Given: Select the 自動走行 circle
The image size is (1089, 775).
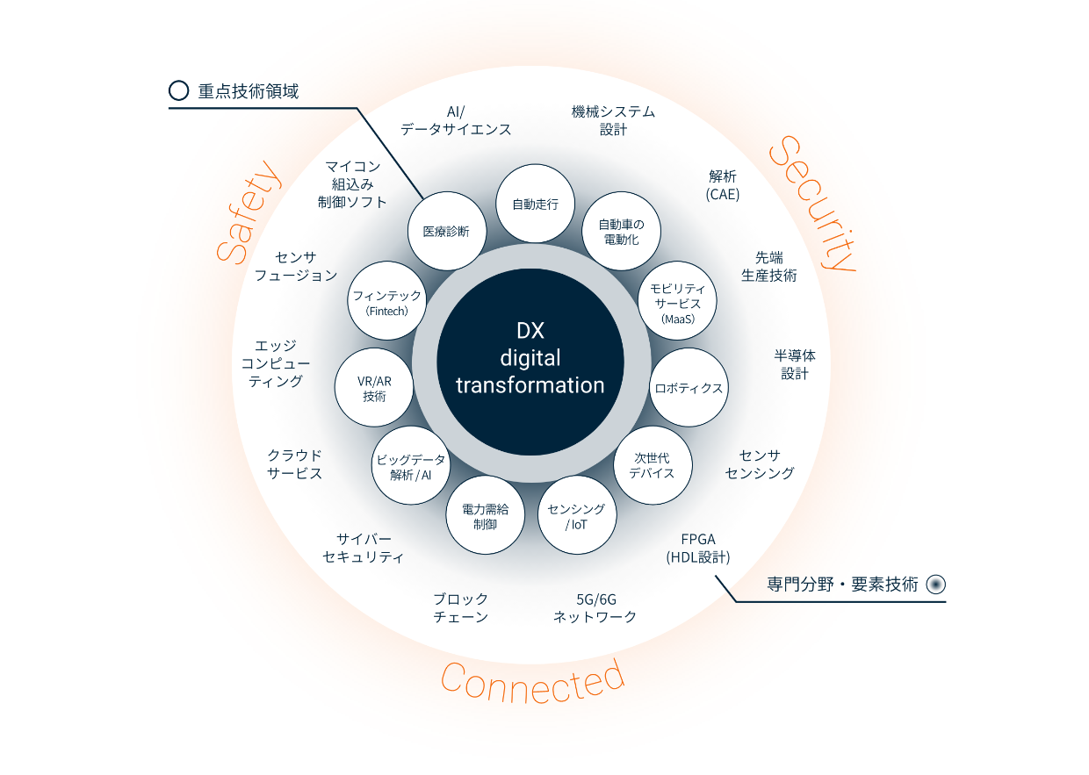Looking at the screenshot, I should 535,205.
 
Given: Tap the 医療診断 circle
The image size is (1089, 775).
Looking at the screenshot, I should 446,232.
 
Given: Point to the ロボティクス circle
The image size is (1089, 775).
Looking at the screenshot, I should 689,388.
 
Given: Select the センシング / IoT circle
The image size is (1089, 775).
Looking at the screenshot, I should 576,516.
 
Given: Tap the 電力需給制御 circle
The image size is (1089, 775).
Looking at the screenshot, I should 485,516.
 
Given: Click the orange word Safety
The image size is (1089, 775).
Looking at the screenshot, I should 248,212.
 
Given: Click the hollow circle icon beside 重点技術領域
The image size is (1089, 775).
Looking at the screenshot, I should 178,90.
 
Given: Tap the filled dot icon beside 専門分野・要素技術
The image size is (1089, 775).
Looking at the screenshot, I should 935,584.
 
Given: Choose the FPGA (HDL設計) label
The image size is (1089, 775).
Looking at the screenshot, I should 698,548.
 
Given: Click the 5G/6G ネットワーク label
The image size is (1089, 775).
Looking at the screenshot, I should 595,607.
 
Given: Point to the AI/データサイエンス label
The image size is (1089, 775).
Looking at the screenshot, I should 456,120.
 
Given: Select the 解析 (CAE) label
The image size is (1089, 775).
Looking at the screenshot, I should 723,185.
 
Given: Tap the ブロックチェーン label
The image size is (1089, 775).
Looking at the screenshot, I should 460,607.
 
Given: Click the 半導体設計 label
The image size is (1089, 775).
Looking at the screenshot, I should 795,364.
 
